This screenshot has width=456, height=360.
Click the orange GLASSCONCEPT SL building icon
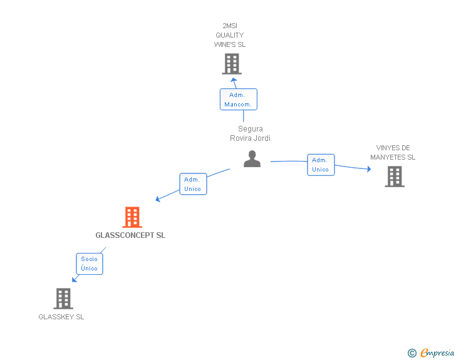point(132,217)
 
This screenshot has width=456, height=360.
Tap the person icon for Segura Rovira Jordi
point(252,159)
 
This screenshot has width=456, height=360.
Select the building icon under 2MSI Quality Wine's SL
point(232,64)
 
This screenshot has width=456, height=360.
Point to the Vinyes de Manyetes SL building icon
point(395,177)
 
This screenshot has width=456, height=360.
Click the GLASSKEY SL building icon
point(63,299)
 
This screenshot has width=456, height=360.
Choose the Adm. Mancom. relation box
point(239,100)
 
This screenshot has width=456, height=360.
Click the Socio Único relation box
point(90,264)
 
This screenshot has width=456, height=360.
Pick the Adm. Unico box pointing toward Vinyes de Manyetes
point(321,165)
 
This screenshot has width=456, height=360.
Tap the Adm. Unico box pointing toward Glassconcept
point(193,184)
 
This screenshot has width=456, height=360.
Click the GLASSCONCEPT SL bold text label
point(130,235)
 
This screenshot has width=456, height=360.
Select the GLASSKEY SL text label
point(61,317)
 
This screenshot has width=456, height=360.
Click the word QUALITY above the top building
point(230,35)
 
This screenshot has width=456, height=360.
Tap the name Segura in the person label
point(251,129)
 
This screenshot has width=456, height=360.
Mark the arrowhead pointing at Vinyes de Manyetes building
point(369,169)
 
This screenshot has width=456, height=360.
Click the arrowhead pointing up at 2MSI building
point(233,80)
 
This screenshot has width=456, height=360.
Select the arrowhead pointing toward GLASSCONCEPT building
point(158,199)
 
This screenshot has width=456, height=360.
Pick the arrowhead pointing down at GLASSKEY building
point(75,279)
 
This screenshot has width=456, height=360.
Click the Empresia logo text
point(437,352)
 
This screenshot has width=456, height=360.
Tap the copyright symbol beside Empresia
point(412,353)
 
